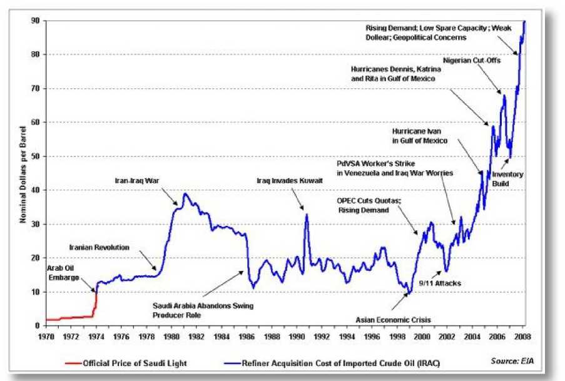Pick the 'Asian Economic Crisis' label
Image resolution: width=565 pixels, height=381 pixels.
point(394,319)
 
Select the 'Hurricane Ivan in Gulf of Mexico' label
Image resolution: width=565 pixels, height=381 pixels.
point(419,136)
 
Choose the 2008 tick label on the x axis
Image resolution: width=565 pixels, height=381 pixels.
point(523,336)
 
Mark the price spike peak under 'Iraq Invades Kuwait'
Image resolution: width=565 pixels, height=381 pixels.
point(307,215)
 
